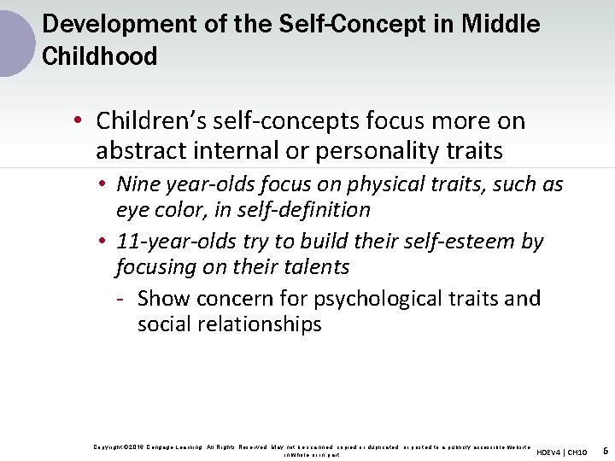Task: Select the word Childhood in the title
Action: [x=99, y=57]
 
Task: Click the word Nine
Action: [x=135, y=184]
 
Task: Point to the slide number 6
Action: [x=605, y=450]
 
